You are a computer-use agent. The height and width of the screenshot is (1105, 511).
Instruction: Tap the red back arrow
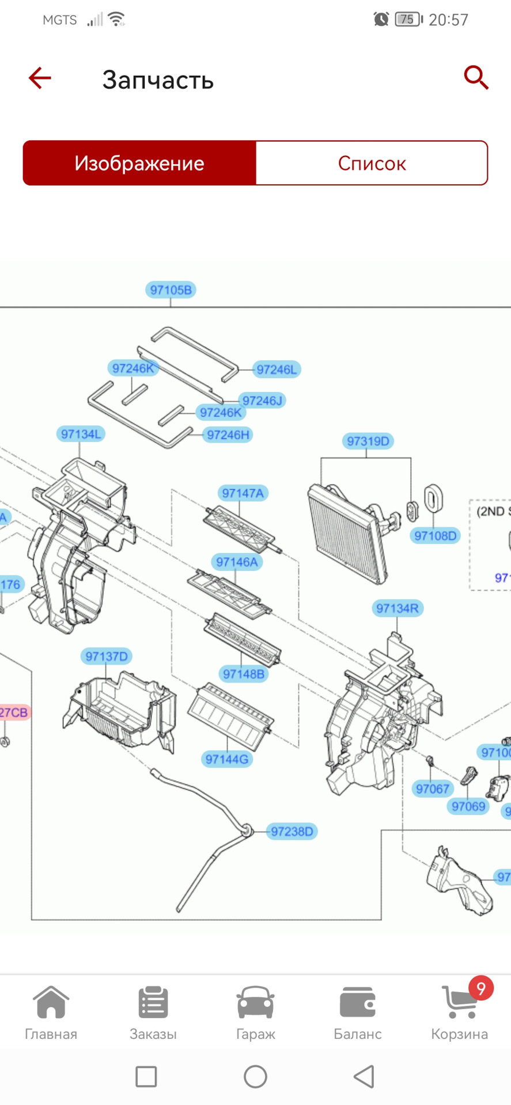coord(40,78)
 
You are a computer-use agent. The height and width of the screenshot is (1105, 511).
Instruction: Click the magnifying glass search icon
coord(476,78)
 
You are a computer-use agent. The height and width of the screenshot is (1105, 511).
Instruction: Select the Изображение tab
coord(139,163)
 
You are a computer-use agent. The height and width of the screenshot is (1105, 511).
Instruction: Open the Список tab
coord(372,163)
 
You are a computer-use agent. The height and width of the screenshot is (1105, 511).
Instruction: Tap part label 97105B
coord(171,289)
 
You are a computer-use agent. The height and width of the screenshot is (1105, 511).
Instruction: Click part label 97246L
coord(277,369)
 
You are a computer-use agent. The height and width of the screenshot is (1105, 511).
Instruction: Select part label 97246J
coord(262,401)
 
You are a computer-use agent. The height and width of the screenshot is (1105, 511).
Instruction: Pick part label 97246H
coord(228,435)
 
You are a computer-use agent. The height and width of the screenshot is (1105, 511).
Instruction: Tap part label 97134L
coord(81,434)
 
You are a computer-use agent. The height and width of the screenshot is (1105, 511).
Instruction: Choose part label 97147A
coord(243,493)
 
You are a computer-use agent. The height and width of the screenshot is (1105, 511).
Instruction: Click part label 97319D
coord(368,441)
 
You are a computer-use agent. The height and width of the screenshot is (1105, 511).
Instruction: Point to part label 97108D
coord(435,536)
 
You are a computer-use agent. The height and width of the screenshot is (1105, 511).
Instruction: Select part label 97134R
coord(397,608)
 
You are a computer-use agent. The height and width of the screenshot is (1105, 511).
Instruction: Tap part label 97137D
coord(107,656)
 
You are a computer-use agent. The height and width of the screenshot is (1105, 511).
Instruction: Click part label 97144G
coord(227,759)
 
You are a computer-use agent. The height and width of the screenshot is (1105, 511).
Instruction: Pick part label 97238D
coord(292,831)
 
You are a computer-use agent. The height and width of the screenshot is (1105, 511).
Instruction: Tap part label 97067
coord(432,788)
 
